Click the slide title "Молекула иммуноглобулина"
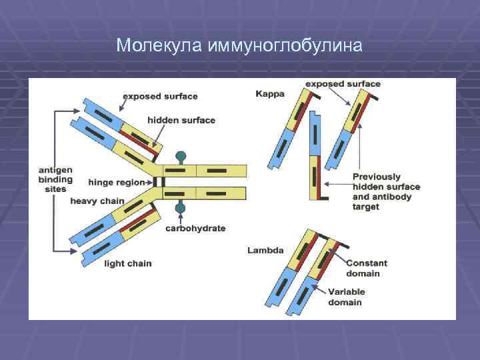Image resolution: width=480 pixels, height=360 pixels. pyautogui.click(x=239, y=45)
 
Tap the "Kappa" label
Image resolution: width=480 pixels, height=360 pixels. pyautogui.click(x=270, y=94)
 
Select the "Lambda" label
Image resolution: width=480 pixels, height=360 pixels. pyautogui.click(x=265, y=251)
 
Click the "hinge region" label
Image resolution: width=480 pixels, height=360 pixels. pyautogui.click(x=116, y=182)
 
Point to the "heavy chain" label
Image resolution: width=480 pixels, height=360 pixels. pyautogui.click(x=97, y=201)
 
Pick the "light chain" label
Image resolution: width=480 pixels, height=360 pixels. pyautogui.click(x=128, y=263)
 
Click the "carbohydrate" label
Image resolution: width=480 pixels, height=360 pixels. pyautogui.click(x=195, y=228)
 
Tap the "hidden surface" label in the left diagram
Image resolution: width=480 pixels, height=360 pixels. pyautogui.click(x=181, y=121)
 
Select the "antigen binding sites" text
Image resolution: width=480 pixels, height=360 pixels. pyautogui.click(x=55, y=179)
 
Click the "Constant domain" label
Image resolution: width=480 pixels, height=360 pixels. pyautogui.click(x=367, y=268)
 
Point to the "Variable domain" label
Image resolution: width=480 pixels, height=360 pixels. pyautogui.click(x=354, y=297)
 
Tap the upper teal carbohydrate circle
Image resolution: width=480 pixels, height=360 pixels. pyautogui.click(x=180, y=157)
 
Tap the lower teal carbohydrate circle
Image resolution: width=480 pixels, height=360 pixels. pyautogui.click(x=180, y=209)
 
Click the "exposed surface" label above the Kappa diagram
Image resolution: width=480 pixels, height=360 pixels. pyautogui.click(x=343, y=84)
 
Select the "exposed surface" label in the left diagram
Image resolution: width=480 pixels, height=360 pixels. pyautogui.click(x=160, y=96)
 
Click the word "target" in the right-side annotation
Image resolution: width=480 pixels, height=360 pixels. pyautogui.click(x=366, y=207)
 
